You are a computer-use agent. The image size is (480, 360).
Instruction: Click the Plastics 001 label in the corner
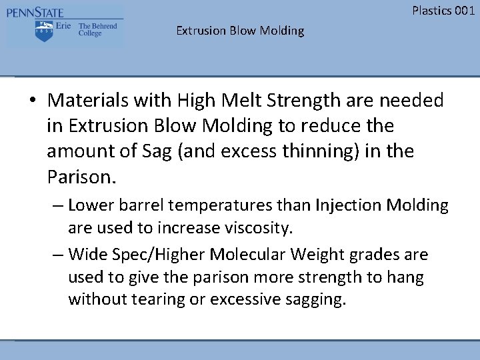(443, 10)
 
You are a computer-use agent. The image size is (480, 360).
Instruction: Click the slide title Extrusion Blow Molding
(240, 31)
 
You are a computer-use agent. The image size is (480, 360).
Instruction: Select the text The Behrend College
(97, 29)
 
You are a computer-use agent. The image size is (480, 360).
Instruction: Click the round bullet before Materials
(33, 101)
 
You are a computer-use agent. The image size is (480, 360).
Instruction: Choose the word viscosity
(260, 228)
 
